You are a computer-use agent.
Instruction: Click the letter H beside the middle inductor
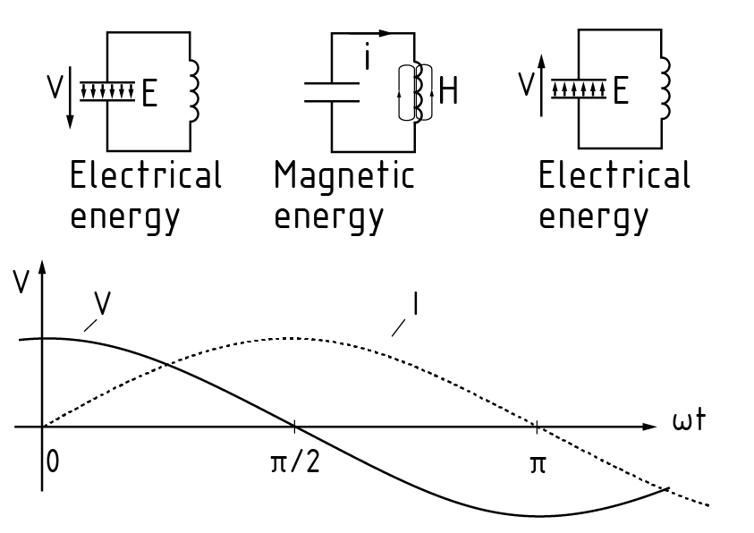[448, 92]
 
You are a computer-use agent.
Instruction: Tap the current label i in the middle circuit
[367, 60]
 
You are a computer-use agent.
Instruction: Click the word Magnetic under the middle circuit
[344, 176]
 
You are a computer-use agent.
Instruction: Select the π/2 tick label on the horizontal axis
[295, 465]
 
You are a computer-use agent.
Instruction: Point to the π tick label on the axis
[538, 465]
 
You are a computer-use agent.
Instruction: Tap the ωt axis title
[690, 420]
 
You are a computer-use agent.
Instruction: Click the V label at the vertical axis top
[21, 283]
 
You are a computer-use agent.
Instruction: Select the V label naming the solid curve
[102, 305]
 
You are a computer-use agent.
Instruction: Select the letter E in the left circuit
[149, 94]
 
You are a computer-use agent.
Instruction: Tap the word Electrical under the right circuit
[614, 175]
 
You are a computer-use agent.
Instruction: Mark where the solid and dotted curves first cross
[167, 362]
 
